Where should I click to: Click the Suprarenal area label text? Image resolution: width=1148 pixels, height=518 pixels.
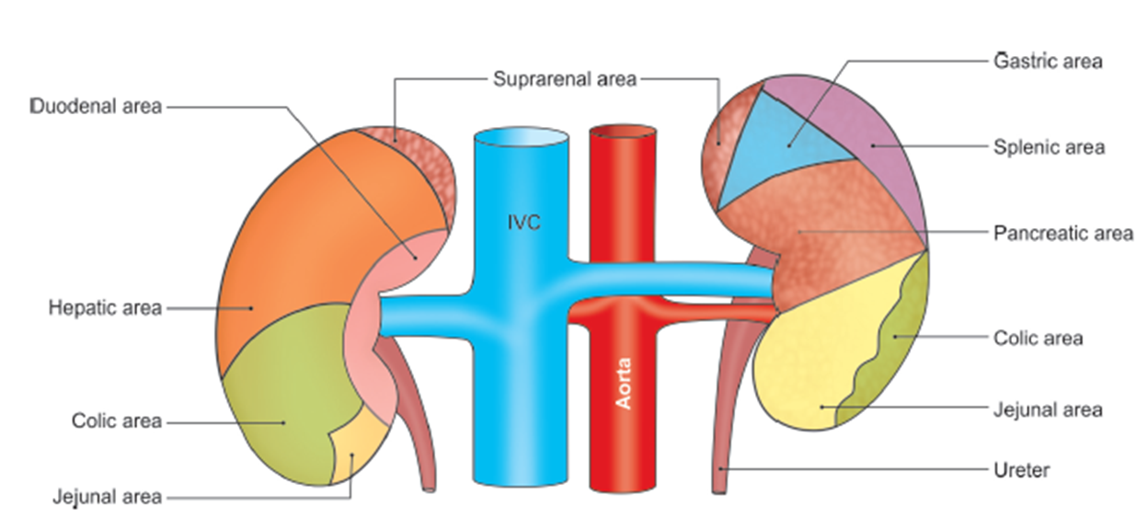pos(564,79)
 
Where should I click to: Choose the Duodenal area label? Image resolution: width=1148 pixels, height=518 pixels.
pos(97,107)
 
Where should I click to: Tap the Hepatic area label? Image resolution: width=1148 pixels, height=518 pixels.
pos(105,307)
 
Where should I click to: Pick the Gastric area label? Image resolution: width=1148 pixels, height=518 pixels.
pos(1048,62)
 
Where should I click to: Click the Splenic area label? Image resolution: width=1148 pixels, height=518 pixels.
pos(1049,147)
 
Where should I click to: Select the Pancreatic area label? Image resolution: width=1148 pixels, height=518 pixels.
pos(1062,234)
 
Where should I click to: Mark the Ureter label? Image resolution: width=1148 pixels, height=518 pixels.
pos(1021,471)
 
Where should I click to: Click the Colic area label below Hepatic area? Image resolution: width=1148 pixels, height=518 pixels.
pos(116,421)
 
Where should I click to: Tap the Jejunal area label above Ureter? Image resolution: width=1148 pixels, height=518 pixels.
pos(1047,409)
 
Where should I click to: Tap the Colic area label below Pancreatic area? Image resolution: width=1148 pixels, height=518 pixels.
pos(1038,339)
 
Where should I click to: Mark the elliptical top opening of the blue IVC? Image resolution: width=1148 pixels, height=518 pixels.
pos(521,137)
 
